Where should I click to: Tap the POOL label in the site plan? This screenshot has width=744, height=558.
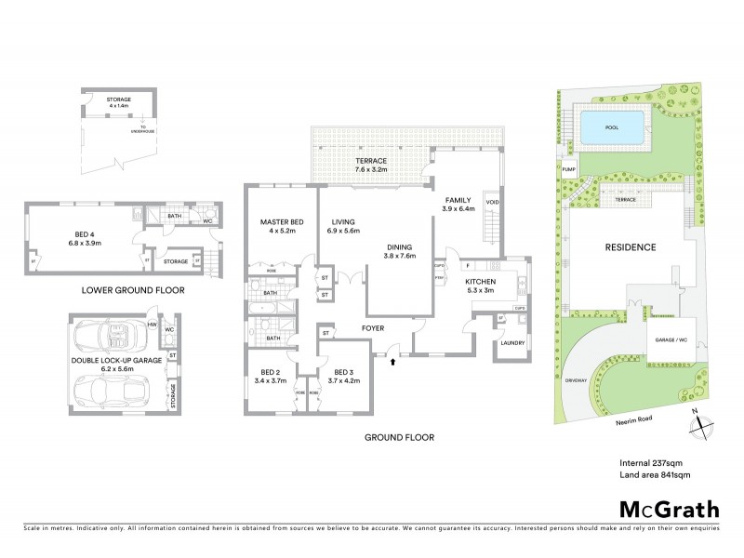611,127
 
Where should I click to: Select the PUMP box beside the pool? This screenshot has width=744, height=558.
568,168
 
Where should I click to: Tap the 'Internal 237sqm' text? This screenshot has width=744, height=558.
651,462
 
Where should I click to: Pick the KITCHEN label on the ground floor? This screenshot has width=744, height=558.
481,282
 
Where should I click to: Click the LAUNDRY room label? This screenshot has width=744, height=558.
511,343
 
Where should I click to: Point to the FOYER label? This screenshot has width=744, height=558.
373,328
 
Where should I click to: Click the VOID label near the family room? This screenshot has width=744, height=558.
493,201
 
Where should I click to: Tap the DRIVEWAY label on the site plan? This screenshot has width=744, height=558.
576,380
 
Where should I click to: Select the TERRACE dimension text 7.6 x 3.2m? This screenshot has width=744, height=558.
370,170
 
